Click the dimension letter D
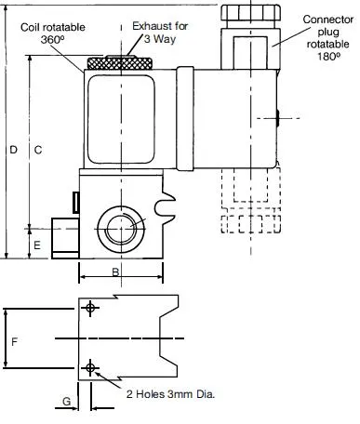click(x=13, y=150)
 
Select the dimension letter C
click(x=38, y=150)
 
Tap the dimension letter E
click(x=37, y=245)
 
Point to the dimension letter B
click(x=115, y=272)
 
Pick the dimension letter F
click(x=14, y=342)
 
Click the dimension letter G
click(x=66, y=402)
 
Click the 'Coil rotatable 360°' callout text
click(x=53, y=33)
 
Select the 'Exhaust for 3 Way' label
click(x=160, y=33)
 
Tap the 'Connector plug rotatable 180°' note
click(x=328, y=38)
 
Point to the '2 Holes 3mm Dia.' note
click(x=170, y=394)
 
